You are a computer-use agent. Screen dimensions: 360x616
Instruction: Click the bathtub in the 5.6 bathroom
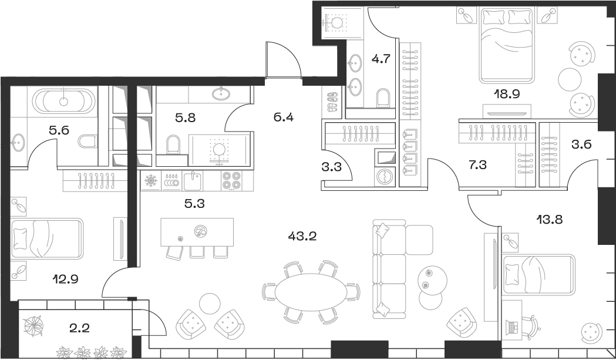click(x=63, y=101)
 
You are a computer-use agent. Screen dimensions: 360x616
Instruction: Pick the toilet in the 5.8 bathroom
click(x=173, y=144)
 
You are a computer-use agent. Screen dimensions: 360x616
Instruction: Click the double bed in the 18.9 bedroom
click(x=507, y=44)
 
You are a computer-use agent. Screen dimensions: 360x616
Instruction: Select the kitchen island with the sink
click(x=197, y=232)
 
